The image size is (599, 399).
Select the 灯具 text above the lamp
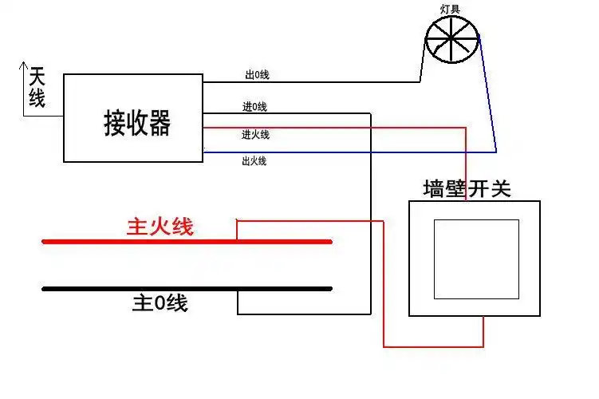pyautogui.click(x=451, y=9)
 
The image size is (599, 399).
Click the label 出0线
pyautogui.click(x=257, y=75)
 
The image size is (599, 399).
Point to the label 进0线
pyautogui.click(x=254, y=106)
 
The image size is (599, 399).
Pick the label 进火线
pyautogui.click(x=255, y=134)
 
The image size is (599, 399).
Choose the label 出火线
pyautogui.click(x=254, y=160)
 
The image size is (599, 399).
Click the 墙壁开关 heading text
pyautogui.click(x=467, y=189)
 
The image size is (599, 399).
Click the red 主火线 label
pyautogui.click(x=160, y=227)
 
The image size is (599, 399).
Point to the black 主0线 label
pyautogui.click(x=160, y=303)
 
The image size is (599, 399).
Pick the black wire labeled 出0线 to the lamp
pyautogui.click(x=319, y=81)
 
